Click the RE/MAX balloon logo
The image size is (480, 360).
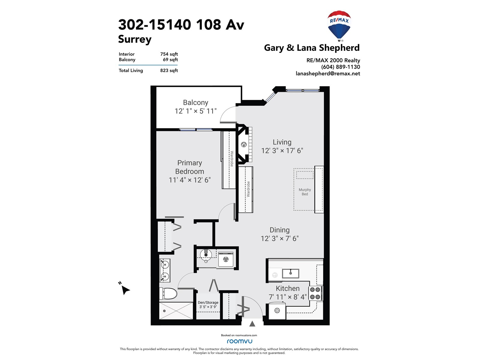click(x=339, y=26)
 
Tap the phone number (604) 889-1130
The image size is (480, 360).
click(x=340, y=67)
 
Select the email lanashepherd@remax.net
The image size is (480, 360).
click(x=328, y=73)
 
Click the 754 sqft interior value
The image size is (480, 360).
click(x=169, y=54)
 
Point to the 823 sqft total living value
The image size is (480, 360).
click(x=169, y=70)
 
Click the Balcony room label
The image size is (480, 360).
click(x=196, y=102)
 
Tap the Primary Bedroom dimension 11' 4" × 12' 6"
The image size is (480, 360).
click(x=190, y=180)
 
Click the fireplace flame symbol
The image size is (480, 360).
click(x=244, y=145)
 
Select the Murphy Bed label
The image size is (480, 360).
click(x=304, y=192)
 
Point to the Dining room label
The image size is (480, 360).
click(x=280, y=230)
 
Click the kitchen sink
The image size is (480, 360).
click(x=290, y=273)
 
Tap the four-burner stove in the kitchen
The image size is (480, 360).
click(x=315, y=293)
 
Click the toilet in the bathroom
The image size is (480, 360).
click(x=168, y=293)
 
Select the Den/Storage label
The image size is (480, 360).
click(x=208, y=302)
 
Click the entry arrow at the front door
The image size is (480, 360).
click(x=252, y=324)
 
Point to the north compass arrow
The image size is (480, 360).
click(x=125, y=290)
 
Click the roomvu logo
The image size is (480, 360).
click(x=239, y=341)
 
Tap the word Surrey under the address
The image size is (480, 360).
click(x=135, y=39)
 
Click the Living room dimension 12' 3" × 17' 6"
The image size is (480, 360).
click(x=282, y=151)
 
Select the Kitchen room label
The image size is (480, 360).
click(x=288, y=288)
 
